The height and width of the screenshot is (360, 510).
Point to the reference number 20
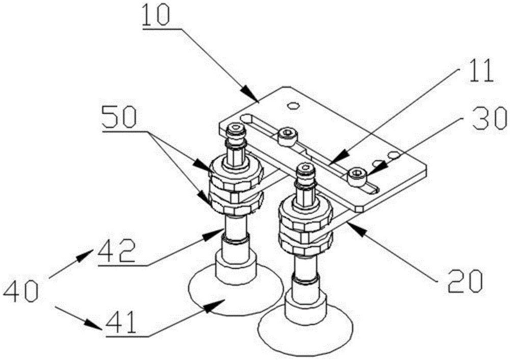(x=465, y=280)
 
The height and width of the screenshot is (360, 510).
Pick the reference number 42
(x=117, y=250)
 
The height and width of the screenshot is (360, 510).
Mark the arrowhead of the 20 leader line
(x=354, y=226)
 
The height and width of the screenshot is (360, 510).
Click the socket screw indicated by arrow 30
(x=357, y=176)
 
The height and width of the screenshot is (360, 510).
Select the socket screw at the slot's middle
(x=287, y=136)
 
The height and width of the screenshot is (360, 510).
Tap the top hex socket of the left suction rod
(x=235, y=129)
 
